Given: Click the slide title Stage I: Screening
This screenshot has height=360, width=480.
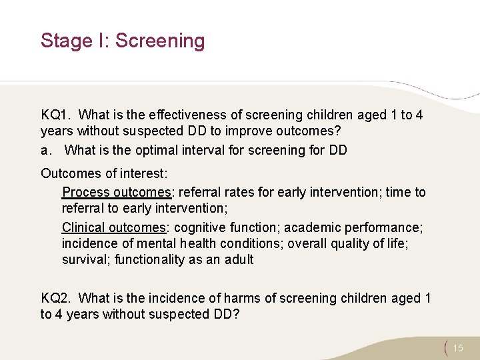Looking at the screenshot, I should [x=123, y=41].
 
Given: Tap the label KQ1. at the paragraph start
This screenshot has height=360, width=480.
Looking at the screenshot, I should [x=57, y=115].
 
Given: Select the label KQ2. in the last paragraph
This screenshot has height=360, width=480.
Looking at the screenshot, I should [x=57, y=298].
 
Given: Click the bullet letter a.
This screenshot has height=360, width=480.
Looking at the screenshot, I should [x=45, y=150].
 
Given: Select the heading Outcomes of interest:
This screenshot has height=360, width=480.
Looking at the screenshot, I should [x=103, y=173].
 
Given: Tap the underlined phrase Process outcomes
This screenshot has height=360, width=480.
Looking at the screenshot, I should [x=117, y=192].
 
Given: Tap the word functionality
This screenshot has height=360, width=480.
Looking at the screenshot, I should [x=153, y=259].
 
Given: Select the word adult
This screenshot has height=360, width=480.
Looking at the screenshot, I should [x=239, y=259].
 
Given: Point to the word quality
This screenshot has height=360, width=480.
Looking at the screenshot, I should [x=345, y=243].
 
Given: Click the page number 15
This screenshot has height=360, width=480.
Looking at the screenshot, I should [x=457, y=348].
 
